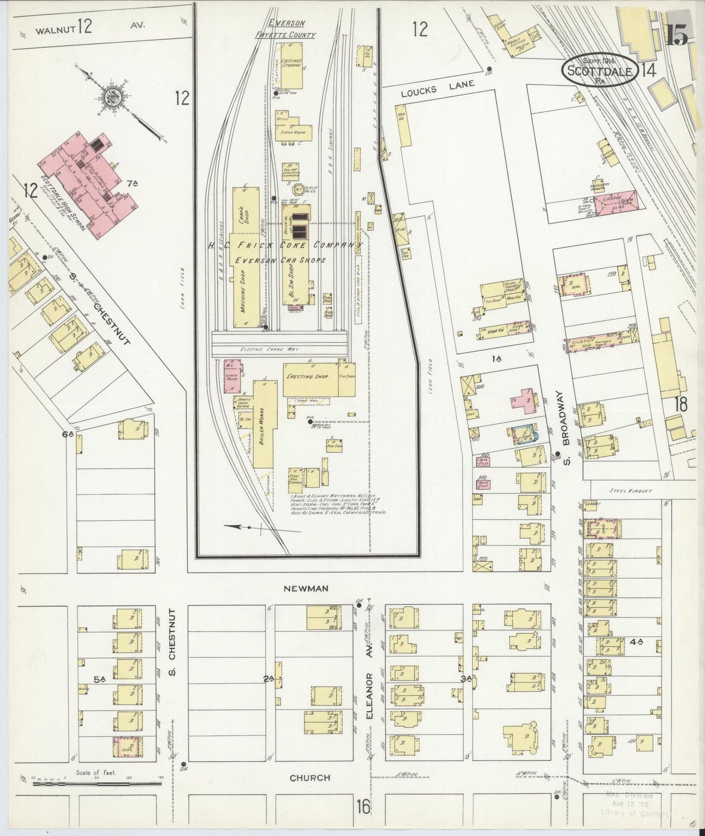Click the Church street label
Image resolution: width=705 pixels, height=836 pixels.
310,777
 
